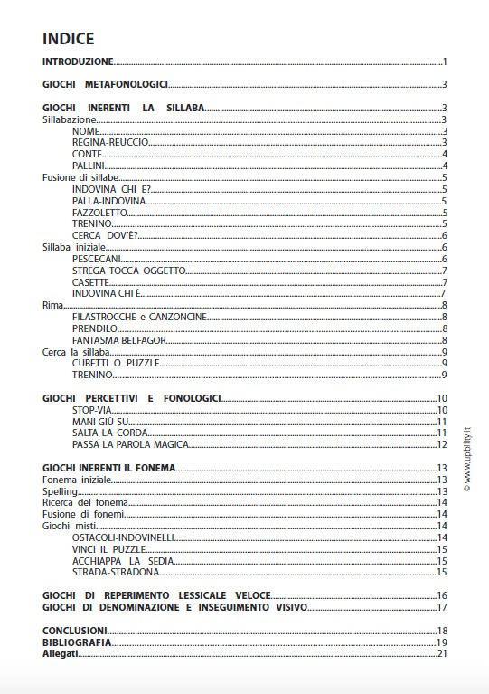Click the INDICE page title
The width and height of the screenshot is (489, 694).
(69, 39)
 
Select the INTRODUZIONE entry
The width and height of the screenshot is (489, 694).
(79, 62)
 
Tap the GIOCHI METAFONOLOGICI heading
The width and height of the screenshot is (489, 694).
(106, 85)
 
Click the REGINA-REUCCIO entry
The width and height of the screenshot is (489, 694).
(110, 143)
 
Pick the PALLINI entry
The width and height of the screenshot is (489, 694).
(88, 166)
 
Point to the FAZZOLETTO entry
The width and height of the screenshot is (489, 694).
(100, 212)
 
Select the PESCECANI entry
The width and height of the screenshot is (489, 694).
(97, 259)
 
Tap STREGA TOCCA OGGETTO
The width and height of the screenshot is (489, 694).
(128, 271)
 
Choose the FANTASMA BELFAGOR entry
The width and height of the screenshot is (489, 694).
(119, 339)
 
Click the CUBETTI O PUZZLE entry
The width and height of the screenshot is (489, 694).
(117, 363)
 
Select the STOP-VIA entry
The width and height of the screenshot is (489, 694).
(92, 410)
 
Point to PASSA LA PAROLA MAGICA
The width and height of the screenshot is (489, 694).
(130, 444)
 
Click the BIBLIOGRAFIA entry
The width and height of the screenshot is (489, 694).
(77, 642)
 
